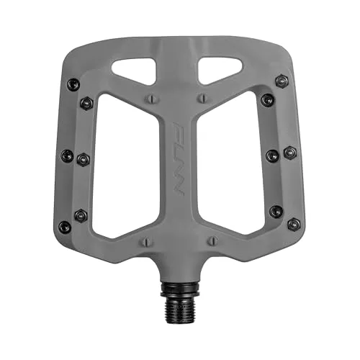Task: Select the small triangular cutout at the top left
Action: pyautogui.click(x=139, y=69)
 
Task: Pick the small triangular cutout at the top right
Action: pyautogui.click(x=219, y=69)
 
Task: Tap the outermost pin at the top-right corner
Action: pyautogui.click(x=282, y=81)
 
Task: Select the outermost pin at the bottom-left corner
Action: pyautogui.click(x=65, y=226)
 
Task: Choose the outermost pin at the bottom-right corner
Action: pyautogui.click(x=293, y=225)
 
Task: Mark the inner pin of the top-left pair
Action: pyautogui.click(x=86, y=103)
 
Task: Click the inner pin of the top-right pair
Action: pyautogui.click(x=268, y=99)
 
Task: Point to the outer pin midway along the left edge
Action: pyautogui.click(x=67, y=155)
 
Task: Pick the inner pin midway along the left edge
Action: pyautogui.click(x=82, y=158)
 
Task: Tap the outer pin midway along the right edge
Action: pyautogui.click(x=289, y=153)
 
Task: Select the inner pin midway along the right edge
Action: pyautogui.click(x=274, y=155)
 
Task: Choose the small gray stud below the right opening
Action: pyautogui.click(x=211, y=240)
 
